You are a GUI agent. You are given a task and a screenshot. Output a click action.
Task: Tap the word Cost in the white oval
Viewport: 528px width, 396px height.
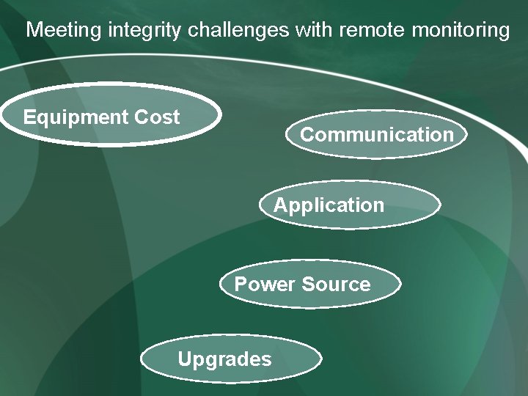(158, 117)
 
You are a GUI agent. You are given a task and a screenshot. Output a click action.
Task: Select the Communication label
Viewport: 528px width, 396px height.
(377, 135)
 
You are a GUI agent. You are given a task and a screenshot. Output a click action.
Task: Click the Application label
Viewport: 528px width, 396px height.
(329, 205)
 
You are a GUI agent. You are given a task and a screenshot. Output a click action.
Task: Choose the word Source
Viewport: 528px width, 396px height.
(336, 284)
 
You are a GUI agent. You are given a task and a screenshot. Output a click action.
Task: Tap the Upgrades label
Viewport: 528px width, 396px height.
(224, 359)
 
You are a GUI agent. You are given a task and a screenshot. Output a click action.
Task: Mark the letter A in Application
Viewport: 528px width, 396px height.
(280, 205)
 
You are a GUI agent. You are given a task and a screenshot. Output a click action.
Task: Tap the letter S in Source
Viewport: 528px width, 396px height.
(308, 284)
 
